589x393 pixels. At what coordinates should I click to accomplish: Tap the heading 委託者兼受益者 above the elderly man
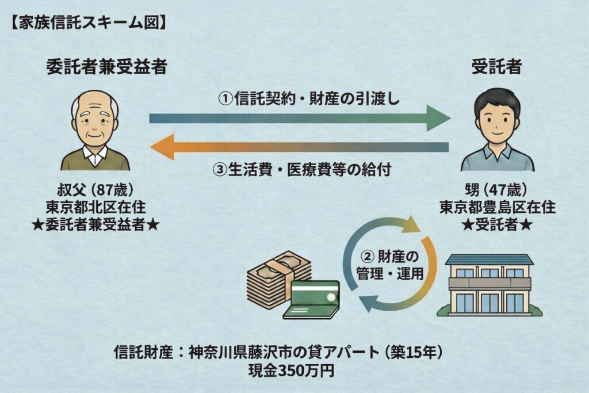coord(106,67)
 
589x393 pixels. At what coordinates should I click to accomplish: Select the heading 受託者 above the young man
coord(496,67)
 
